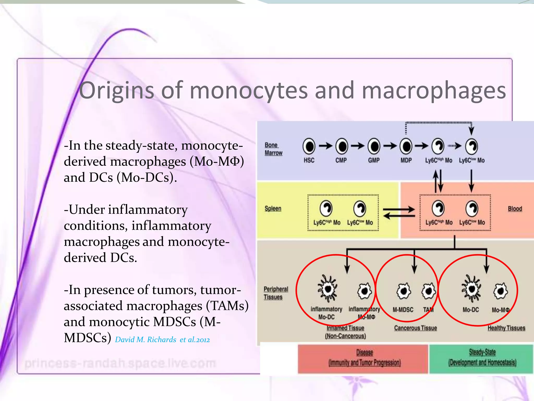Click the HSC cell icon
pyautogui.click(x=309, y=146)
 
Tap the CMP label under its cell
pyautogui.click(x=341, y=160)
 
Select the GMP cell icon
pyautogui.click(x=374, y=146)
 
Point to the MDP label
pyautogui.click(x=406, y=160)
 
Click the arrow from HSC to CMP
pyautogui.click(x=325, y=146)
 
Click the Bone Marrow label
pyautogui.click(x=273, y=149)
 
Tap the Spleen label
pyautogui.click(x=273, y=209)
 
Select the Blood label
pyautogui.click(x=515, y=209)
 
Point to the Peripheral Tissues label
pyautogui.click(x=276, y=293)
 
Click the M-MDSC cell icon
pyautogui.click(x=403, y=291)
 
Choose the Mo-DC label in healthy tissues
pyautogui.click(x=471, y=310)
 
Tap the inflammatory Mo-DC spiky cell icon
pyautogui.click(x=327, y=289)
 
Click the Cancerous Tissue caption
pyautogui.click(x=415, y=328)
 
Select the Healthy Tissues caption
pyautogui.click(x=506, y=328)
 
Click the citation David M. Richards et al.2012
pyautogui.click(x=162, y=340)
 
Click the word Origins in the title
pyautogui.click(x=116, y=91)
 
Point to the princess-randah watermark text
pyautogui.click(x=120, y=363)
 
